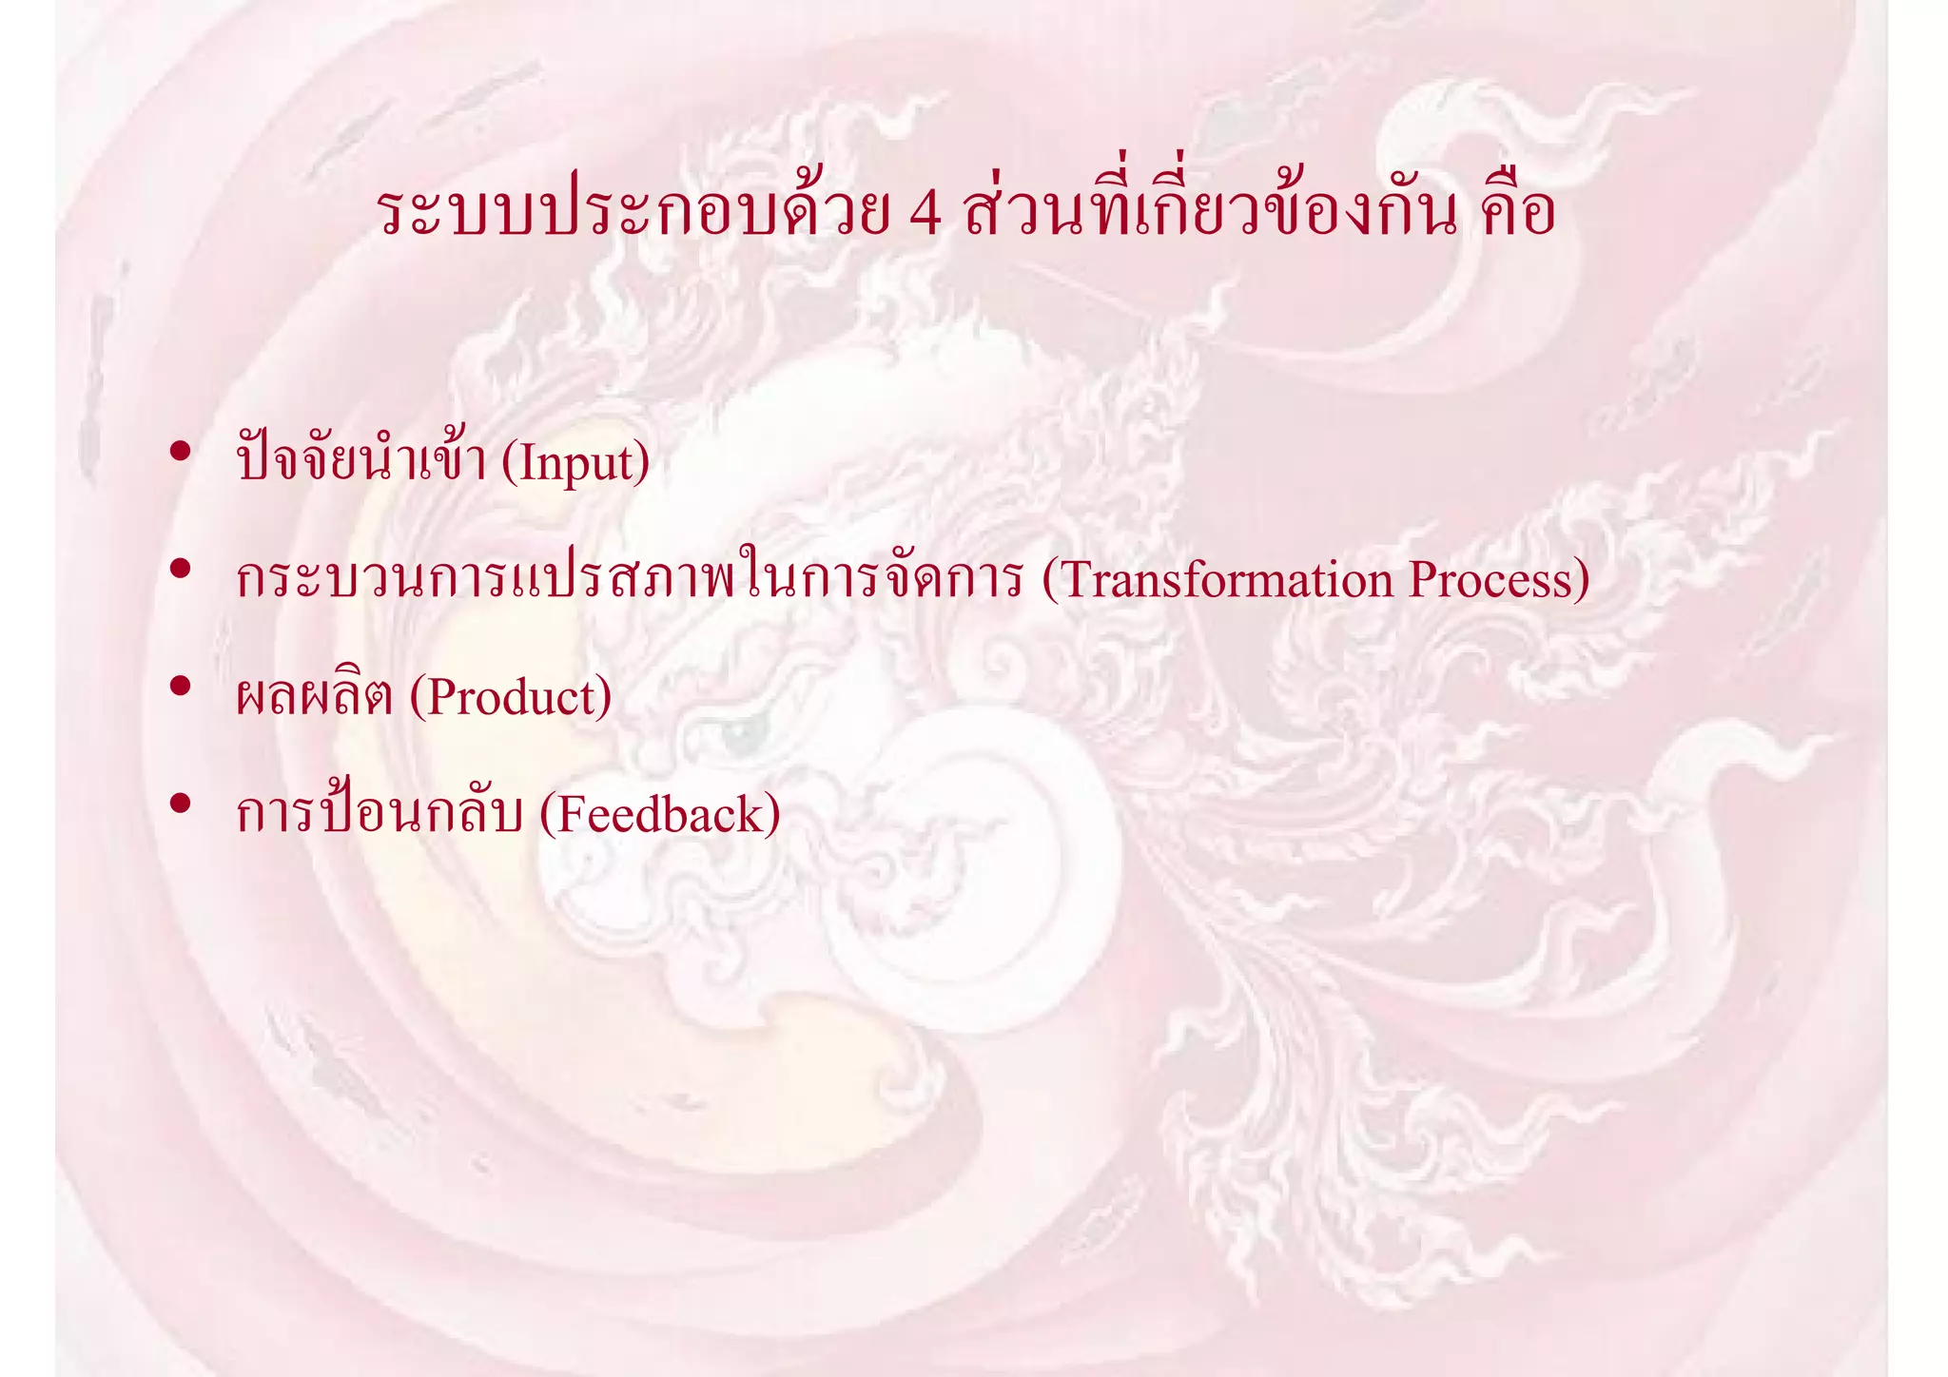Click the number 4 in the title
point(925,213)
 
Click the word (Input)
point(575,463)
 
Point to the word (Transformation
point(1217,580)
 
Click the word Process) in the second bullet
point(1499,580)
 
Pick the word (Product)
point(511,697)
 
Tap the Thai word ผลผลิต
point(314,697)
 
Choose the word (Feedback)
point(660,815)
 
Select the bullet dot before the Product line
point(180,686)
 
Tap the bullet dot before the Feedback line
point(180,804)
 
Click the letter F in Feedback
point(571,815)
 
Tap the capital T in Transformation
point(1075,580)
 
